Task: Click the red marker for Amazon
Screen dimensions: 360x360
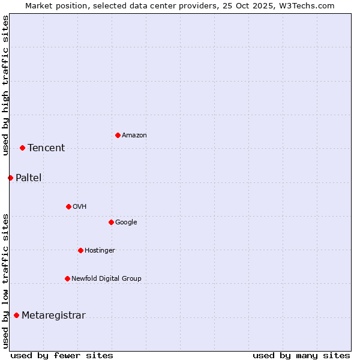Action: coord(118,135)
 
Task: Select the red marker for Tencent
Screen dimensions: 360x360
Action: coord(22,148)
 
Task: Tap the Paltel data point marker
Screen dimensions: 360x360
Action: coord(10,178)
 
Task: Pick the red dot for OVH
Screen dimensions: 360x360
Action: coord(68,206)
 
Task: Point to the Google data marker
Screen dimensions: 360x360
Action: coord(111,222)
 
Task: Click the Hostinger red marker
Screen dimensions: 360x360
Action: coord(80,250)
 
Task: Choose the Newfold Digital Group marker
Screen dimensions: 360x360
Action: coord(67,278)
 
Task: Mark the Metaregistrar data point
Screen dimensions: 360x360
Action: coord(16,316)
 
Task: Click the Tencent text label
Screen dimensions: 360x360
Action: coord(46,148)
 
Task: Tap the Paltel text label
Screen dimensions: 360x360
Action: coord(29,178)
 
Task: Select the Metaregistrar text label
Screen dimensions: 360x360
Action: coord(53,316)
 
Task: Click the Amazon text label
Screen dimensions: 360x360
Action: coord(134,135)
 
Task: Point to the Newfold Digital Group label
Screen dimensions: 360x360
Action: coord(106,278)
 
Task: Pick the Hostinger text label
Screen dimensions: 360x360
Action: coord(100,250)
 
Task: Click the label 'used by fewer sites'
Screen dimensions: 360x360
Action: coord(61,355)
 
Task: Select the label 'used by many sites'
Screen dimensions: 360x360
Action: coord(301,355)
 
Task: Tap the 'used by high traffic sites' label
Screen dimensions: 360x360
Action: coord(5,85)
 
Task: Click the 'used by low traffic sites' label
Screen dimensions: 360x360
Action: coord(5,281)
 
